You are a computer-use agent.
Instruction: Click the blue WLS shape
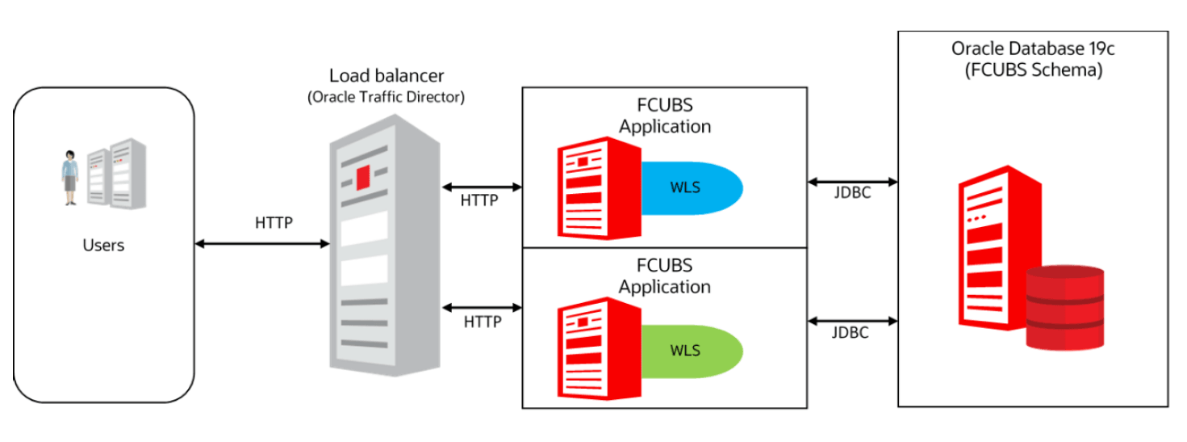[690, 189]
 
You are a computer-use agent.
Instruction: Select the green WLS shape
[690, 351]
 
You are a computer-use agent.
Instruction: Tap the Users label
[103, 245]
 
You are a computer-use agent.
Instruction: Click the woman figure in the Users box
[71, 176]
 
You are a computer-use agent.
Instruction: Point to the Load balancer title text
[386, 76]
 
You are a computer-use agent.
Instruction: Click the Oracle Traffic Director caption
[386, 97]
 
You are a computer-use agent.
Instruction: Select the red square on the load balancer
[362, 175]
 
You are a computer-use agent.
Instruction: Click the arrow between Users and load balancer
[262, 242]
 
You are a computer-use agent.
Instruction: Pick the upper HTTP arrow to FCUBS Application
[483, 187]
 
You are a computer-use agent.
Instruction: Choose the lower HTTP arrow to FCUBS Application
[483, 307]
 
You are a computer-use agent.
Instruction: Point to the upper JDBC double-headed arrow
[852, 181]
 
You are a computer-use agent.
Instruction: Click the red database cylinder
[1064, 308]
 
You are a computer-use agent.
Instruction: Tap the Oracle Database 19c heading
[1034, 48]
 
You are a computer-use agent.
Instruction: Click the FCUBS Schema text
[1034, 69]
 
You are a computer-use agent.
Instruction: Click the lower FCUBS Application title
[665, 276]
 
